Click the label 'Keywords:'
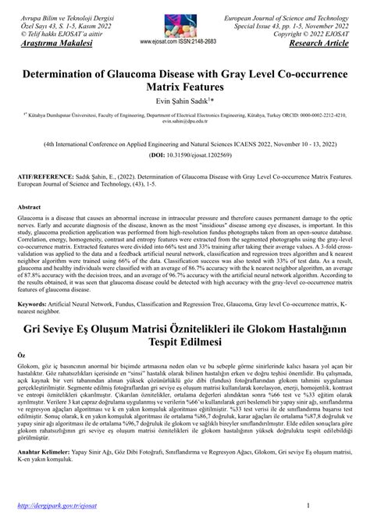37,323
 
